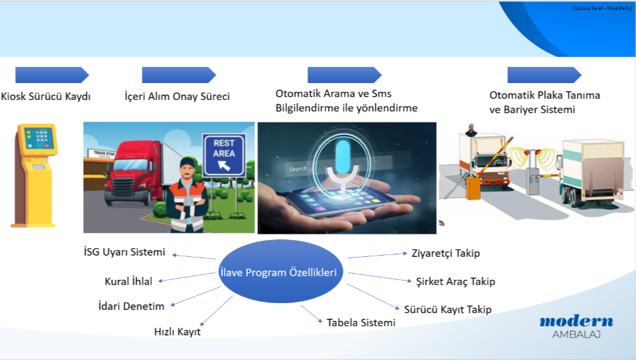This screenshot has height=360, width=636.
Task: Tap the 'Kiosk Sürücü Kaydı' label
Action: click(x=46, y=97)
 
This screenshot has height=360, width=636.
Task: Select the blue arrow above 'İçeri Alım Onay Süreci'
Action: click(x=179, y=75)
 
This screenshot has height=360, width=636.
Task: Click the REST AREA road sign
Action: click(x=224, y=153)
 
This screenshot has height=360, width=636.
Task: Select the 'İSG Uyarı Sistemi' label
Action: click(x=124, y=252)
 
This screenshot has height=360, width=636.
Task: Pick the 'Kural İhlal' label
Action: click(x=128, y=281)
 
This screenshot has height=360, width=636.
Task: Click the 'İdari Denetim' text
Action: click(x=131, y=306)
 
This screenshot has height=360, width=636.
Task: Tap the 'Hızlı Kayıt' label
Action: click(x=177, y=332)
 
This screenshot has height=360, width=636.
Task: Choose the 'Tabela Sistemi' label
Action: click(x=361, y=322)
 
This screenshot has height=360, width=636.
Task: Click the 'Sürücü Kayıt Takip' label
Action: click(x=447, y=309)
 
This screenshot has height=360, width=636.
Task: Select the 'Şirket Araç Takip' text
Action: click(x=455, y=281)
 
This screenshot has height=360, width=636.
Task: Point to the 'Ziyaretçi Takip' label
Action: click(x=445, y=253)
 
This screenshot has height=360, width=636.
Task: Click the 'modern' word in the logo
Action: click(x=576, y=321)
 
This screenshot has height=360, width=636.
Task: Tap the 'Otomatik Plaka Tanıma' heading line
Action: click(x=545, y=96)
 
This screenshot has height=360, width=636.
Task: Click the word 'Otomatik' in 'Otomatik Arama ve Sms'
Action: click(x=299, y=93)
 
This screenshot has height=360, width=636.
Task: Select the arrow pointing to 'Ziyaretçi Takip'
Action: click(x=377, y=256)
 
